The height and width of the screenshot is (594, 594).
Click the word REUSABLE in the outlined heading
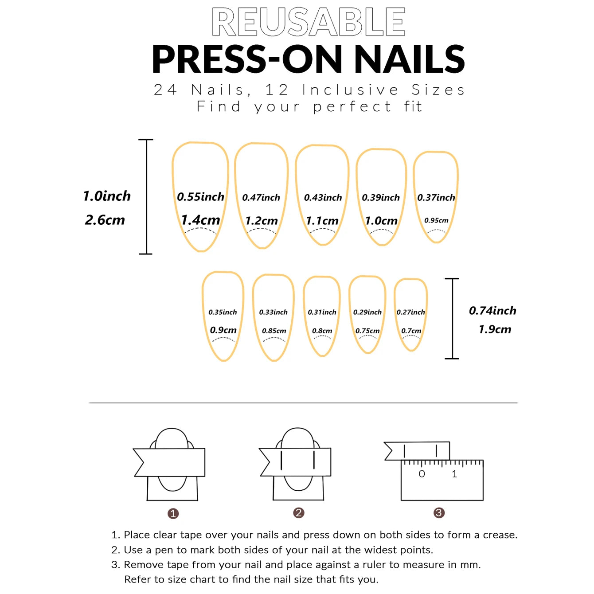309,22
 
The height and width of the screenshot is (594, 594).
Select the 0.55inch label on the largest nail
200,197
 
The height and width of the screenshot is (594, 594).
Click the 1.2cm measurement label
262,220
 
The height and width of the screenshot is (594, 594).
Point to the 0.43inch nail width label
323,198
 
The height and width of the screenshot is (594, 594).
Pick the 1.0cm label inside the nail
381,220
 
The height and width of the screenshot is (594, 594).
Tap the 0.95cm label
436,220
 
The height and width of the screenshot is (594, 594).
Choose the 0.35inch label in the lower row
223,312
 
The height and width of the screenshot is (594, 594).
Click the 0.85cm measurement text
274,331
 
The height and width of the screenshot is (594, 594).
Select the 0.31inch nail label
322,312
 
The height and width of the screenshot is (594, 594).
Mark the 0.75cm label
367,331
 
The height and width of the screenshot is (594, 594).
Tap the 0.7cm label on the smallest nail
411,331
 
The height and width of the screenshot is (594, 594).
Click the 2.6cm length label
105,220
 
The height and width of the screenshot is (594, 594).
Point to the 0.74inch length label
492,311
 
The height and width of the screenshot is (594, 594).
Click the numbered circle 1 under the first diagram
173,514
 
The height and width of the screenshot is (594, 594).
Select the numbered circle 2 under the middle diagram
298,513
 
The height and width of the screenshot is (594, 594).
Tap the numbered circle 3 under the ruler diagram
439,513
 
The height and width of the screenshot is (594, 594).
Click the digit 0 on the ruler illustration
422,474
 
